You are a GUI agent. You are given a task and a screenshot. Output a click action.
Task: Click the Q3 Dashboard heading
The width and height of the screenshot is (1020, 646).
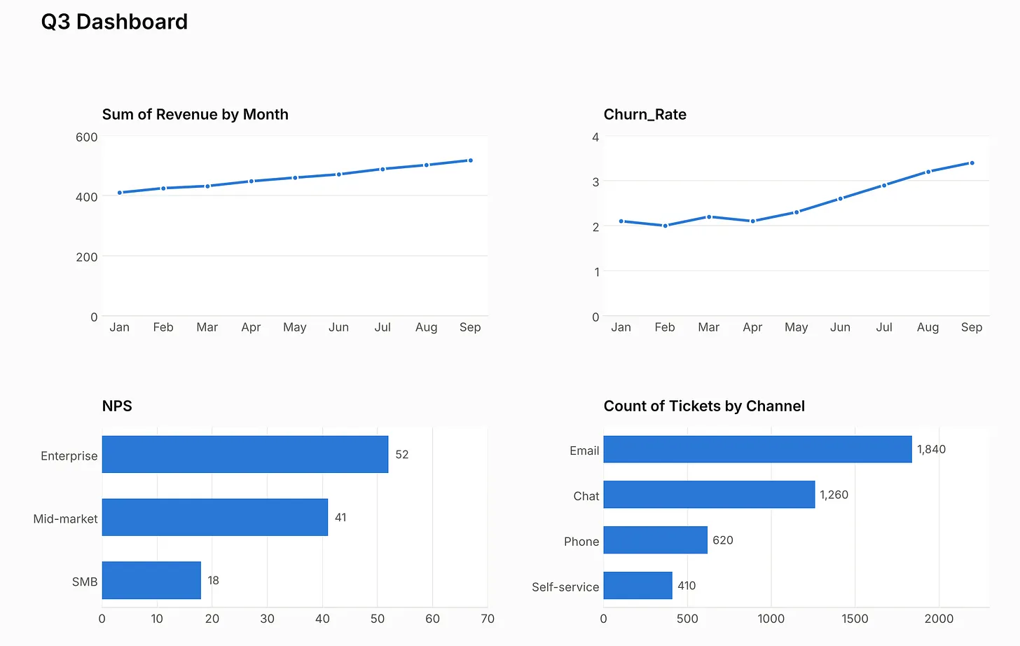pos(114,22)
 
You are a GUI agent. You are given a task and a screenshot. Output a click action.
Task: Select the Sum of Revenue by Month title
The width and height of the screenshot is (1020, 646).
pos(195,114)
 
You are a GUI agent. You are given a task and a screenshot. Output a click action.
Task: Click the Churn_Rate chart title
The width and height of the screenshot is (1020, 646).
pos(645,114)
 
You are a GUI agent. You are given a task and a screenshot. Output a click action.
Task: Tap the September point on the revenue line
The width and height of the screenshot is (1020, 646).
pos(470,160)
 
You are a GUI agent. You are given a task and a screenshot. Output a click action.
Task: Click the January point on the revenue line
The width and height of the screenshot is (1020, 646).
pos(120,193)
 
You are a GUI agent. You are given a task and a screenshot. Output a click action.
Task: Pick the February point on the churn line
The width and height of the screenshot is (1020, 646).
pos(666,226)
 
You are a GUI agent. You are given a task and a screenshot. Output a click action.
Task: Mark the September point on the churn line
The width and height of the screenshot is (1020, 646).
pos(972,163)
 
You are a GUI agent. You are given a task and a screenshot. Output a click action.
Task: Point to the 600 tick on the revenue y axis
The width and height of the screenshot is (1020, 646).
pos(87,137)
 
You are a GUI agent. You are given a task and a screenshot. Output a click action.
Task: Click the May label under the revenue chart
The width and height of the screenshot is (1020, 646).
pos(295,328)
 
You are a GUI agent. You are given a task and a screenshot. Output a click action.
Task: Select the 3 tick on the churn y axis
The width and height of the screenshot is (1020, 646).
pos(595,182)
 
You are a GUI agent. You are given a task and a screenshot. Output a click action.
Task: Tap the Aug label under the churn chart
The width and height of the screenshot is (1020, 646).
pos(928,328)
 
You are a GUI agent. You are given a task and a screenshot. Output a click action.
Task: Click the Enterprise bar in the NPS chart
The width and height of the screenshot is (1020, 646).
pos(245,454)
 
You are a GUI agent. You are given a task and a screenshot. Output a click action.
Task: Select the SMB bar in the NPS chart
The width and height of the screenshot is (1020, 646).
pos(151,580)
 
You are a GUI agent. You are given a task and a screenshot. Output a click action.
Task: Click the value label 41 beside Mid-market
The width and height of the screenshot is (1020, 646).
pos(340,518)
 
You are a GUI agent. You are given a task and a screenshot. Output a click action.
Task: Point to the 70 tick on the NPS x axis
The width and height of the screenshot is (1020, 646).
pos(488,619)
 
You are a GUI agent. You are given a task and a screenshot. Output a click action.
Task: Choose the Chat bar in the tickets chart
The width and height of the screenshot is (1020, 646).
pos(709,494)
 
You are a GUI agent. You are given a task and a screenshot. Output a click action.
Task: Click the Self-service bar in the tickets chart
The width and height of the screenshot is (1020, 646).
pos(638,586)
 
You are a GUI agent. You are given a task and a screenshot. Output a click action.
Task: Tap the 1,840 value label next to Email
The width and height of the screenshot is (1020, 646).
pos(931,450)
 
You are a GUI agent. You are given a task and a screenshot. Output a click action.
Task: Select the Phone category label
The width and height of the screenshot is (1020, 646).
pos(581,542)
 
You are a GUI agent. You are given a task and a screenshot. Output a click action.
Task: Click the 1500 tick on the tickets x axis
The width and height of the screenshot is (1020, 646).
pos(855,619)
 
